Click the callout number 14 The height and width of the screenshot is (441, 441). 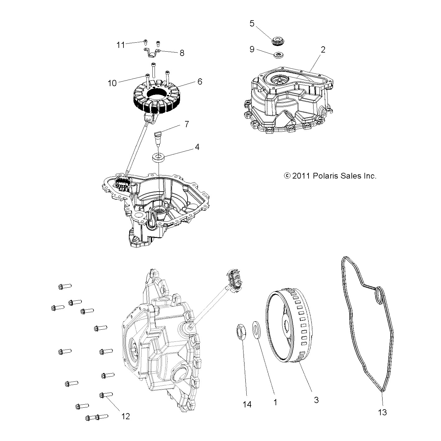click(x=247, y=404)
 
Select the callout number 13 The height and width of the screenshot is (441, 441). click(x=383, y=412)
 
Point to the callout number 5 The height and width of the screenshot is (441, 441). click(x=252, y=24)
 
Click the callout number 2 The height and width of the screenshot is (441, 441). click(x=323, y=50)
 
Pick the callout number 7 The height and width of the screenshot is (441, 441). click(x=187, y=124)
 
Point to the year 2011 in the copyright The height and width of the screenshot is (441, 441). click(x=301, y=176)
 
